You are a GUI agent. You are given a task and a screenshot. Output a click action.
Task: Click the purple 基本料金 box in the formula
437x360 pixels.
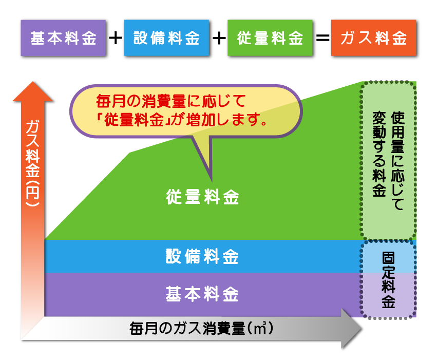pyautogui.click(x=63, y=39)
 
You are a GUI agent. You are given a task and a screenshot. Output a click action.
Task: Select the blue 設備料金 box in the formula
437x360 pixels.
pyautogui.click(x=166, y=39)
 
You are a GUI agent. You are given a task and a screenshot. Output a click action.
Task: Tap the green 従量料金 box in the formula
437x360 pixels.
pyautogui.click(x=270, y=39)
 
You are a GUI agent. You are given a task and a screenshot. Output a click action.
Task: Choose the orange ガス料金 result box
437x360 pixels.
pyautogui.click(x=373, y=39)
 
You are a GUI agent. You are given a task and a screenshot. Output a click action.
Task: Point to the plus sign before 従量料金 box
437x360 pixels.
pyautogui.click(x=219, y=39)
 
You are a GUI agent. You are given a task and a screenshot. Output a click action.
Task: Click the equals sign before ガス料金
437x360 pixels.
pyautogui.click(x=322, y=39)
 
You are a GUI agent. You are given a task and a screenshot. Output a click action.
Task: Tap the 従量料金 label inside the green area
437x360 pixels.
pyautogui.click(x=202, y=197)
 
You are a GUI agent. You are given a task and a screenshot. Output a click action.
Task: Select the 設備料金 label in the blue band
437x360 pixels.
pyautogui.click(x=202, y=256)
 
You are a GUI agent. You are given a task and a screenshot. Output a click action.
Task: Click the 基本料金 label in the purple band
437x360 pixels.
pyautogui.click(x=202, y=295)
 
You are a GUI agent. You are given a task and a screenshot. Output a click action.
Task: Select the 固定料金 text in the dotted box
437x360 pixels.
pyautogui.click(x=388, y=280)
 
